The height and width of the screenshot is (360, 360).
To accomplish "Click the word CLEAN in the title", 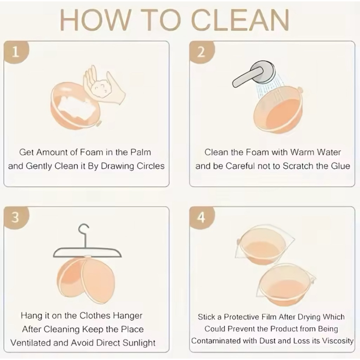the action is coord(240,20).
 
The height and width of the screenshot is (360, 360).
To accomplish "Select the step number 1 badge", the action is coord(15,52).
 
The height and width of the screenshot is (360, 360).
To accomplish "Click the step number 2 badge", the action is coord(201,52).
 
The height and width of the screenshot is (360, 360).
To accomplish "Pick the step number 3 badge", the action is coord(15,217).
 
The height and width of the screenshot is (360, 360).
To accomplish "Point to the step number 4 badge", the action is coord(201,217).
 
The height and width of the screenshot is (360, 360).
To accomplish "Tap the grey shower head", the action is coord(254,74).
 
